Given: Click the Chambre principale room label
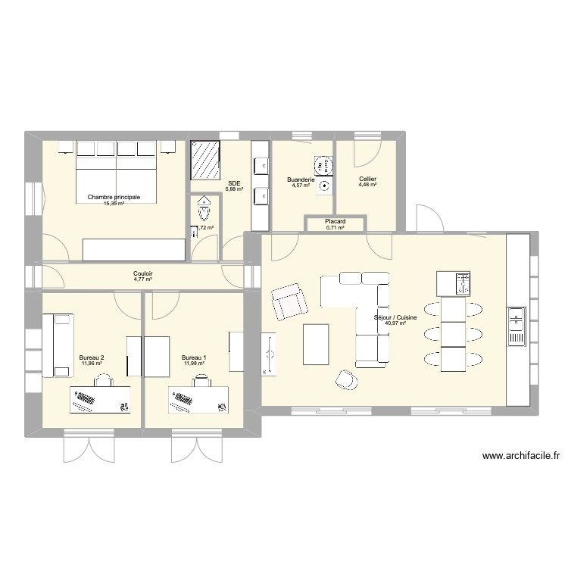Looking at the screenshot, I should (x=114, y=197).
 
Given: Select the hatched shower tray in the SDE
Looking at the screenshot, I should (x=206, y=160).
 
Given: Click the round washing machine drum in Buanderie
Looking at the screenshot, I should (x=323, y=164).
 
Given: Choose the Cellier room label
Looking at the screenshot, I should (x=368, y=179).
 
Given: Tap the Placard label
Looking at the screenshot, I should (x=335, y=222).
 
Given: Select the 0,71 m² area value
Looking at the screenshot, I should (x=335, y=228).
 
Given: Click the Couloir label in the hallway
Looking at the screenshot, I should (x=143, y=273).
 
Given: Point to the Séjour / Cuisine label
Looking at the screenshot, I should (x=395, y=318).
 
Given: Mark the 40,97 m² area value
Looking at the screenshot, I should (x=395, y=324).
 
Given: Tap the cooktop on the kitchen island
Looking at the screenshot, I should (x=463, y=284).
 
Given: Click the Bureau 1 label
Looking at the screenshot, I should (x=194, y=357).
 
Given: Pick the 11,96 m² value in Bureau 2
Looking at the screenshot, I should (x=91, y=364).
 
